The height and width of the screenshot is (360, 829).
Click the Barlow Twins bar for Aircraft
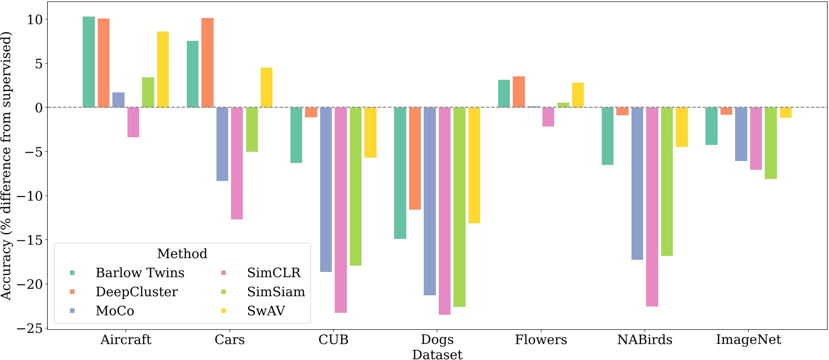click(89, 62)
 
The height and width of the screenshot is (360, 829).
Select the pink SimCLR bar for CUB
click(341, 210)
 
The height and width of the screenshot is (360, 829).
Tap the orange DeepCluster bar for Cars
click(207, 63)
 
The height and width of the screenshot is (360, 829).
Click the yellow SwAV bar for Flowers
click(577, 95)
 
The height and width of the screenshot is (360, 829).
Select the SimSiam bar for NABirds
click(667, 181)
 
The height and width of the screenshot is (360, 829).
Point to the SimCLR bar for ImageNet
click(756, 138)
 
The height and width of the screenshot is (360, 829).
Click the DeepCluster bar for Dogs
click(415, 158)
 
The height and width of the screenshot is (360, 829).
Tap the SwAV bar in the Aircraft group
click(163, 69)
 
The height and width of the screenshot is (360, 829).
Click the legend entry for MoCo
click(115, 311)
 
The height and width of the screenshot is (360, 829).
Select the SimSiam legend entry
click(276, 292)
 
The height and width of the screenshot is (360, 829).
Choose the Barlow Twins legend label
click(140, 273)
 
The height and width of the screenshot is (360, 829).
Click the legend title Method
click(182, 253)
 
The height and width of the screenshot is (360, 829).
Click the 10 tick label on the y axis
click(35, 19)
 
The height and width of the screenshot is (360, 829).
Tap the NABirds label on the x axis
click(645, 340)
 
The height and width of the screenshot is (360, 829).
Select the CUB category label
click(333, 340)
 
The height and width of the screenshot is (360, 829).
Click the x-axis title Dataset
click(437, 354)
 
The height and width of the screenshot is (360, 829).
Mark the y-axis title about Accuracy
click(6, 165)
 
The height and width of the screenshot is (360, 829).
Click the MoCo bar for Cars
click(222, 144)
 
